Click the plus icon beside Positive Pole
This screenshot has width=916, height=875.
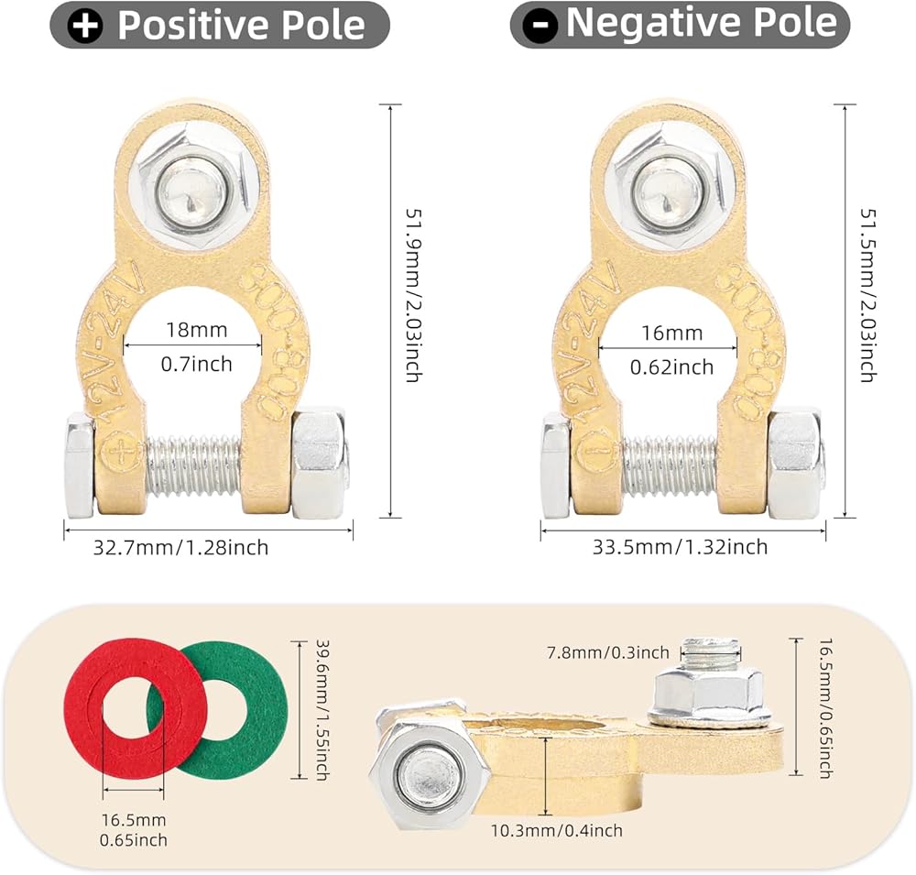86,26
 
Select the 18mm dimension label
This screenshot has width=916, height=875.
192,330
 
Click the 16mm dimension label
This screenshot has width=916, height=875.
667,333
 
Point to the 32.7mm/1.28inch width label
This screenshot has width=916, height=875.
181,548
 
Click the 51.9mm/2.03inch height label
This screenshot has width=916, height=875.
412,294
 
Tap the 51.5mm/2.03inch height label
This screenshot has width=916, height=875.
867,294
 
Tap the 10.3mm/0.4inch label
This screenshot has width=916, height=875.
568,830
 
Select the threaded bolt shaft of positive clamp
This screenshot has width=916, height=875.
194,466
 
